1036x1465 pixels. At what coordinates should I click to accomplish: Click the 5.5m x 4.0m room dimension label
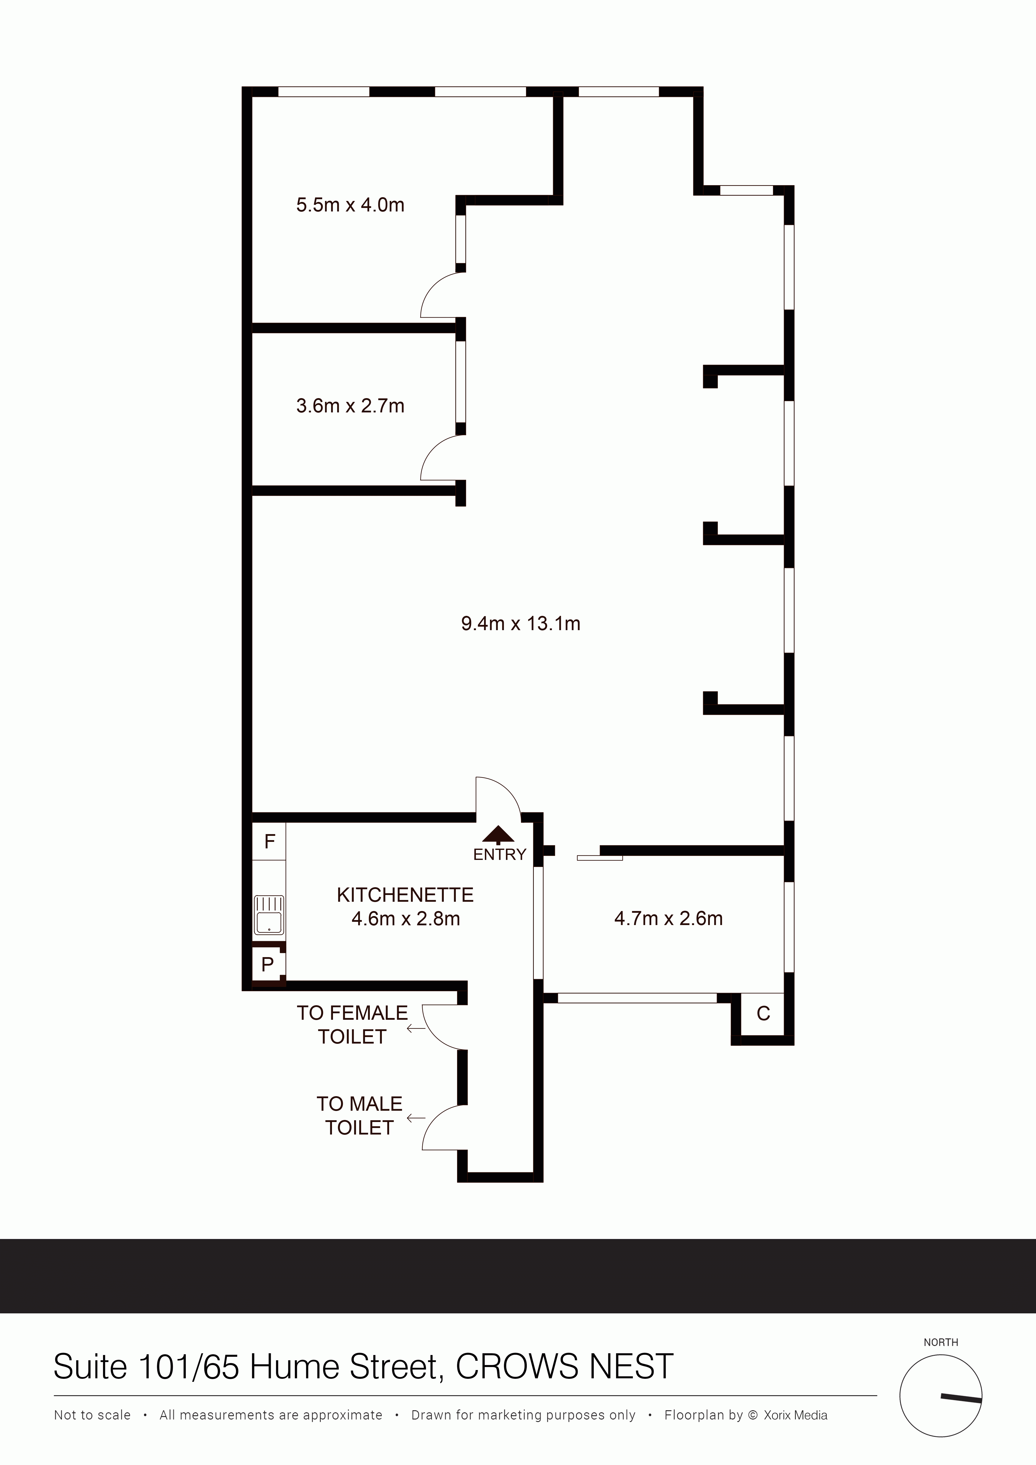click(x=350, y=205)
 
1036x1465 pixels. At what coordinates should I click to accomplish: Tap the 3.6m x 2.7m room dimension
click(x=350, y=406)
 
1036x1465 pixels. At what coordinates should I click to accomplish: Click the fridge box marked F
click(x=269, y=842)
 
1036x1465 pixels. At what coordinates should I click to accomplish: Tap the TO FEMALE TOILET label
click(x=352, y=1025)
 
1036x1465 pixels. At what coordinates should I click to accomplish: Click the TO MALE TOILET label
click(x=359, y=1116)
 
